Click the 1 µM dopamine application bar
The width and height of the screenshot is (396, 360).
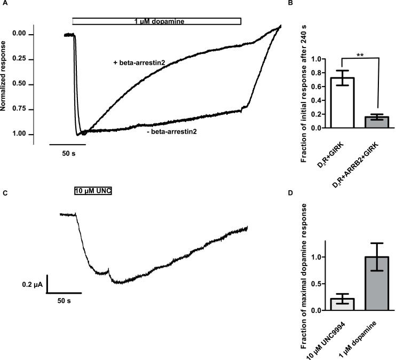(157, 21)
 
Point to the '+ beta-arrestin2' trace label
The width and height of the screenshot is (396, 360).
(138, 62)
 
